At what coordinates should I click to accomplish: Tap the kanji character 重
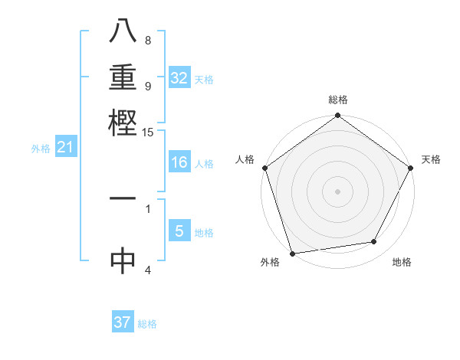[123, 77]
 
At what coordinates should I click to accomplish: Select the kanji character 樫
[123, 120]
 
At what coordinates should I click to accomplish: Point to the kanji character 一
[123, 198]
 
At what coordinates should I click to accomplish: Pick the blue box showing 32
[179, 78]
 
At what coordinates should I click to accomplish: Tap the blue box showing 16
[179, 162]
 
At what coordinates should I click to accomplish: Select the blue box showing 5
[179, 231]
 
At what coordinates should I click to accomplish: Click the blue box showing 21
[65, 148]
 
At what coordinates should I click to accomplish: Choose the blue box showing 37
[123, 322]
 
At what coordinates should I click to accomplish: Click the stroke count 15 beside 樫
[148, 133]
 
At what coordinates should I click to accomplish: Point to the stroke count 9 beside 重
[148, 86]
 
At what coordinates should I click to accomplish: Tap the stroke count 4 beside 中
[148, 270]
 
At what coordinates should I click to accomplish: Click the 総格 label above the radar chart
[337, 100]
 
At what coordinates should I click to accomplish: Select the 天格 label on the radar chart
[431, 159]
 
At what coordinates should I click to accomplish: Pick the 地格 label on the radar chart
[402, 262]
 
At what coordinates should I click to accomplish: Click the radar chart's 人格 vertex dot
[264, 168]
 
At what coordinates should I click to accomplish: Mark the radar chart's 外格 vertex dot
[292, 253]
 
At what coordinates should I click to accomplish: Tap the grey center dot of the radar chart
[337, 191]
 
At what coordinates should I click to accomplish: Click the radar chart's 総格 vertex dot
[337, 116]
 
